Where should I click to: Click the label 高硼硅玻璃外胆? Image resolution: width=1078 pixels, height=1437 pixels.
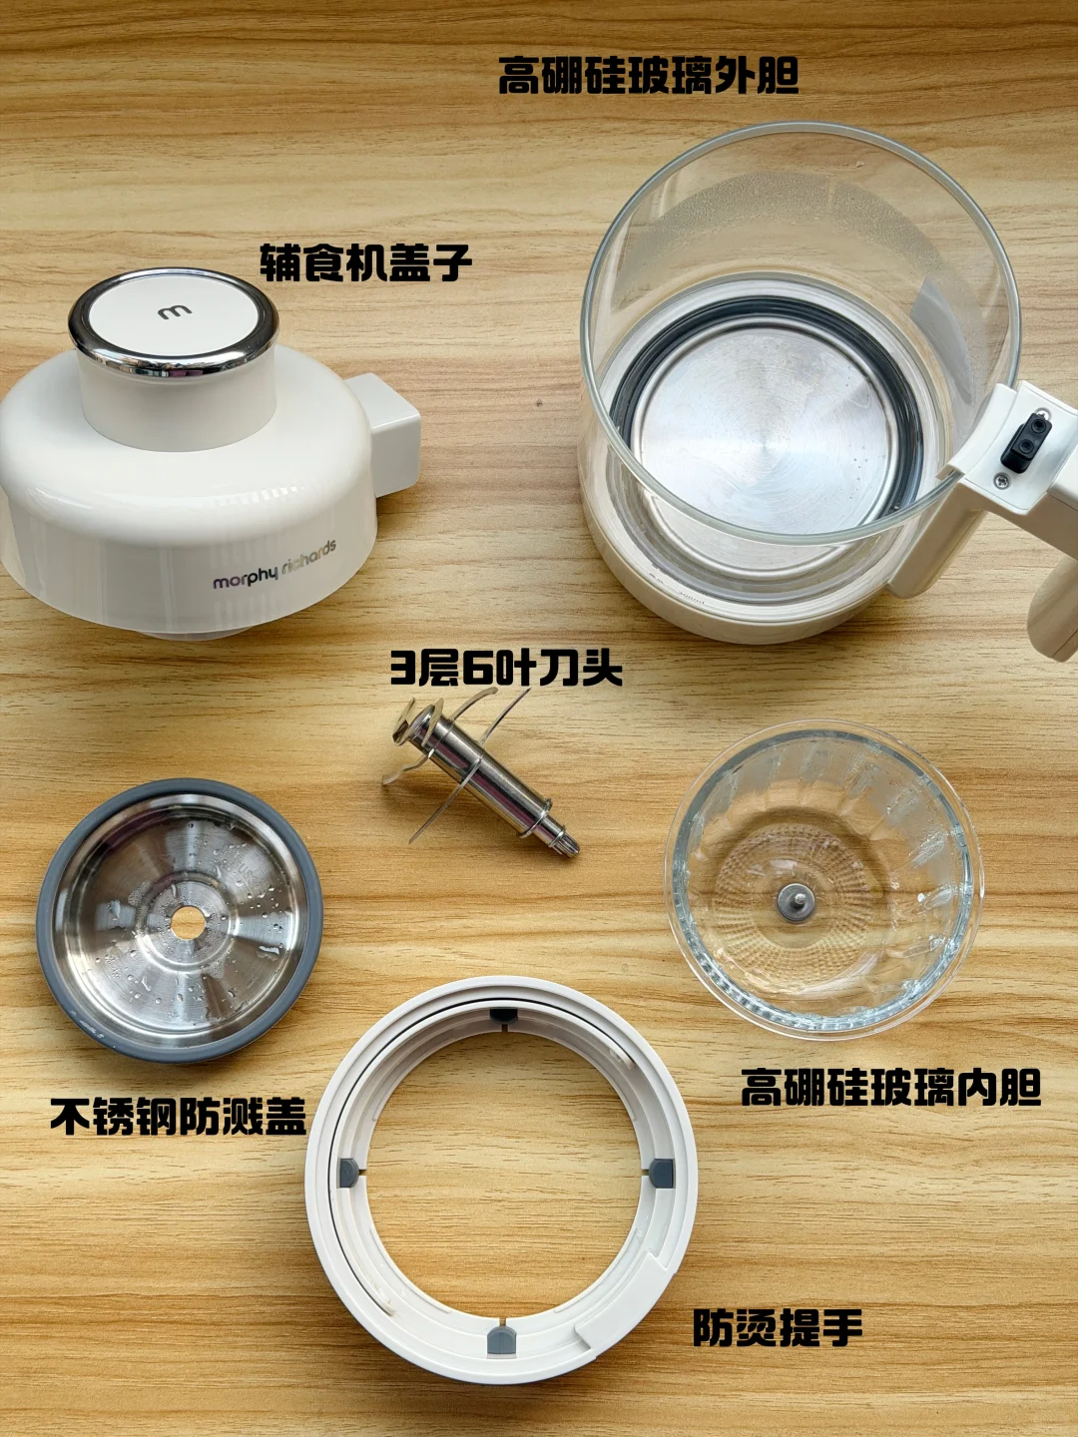coord(649,76)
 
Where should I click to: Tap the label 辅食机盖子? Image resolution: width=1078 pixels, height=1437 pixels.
coord(365,262)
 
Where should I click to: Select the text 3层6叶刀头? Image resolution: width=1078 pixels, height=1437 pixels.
coord(505,668)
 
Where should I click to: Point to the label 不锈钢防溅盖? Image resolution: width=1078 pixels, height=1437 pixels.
coord(179,1116)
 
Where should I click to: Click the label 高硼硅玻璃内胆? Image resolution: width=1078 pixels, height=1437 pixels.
coord(890,1087)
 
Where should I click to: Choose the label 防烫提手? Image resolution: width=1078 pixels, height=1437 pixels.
coord(778,1327)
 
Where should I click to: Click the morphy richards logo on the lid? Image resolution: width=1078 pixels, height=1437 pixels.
coord(273,566)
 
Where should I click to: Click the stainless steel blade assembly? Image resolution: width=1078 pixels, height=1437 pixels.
coord(481,778)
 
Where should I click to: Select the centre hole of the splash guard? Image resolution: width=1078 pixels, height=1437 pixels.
coord(188,923)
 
